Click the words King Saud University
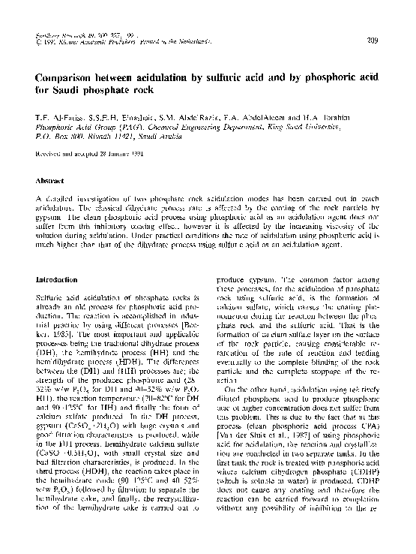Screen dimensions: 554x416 pos(342,129)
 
